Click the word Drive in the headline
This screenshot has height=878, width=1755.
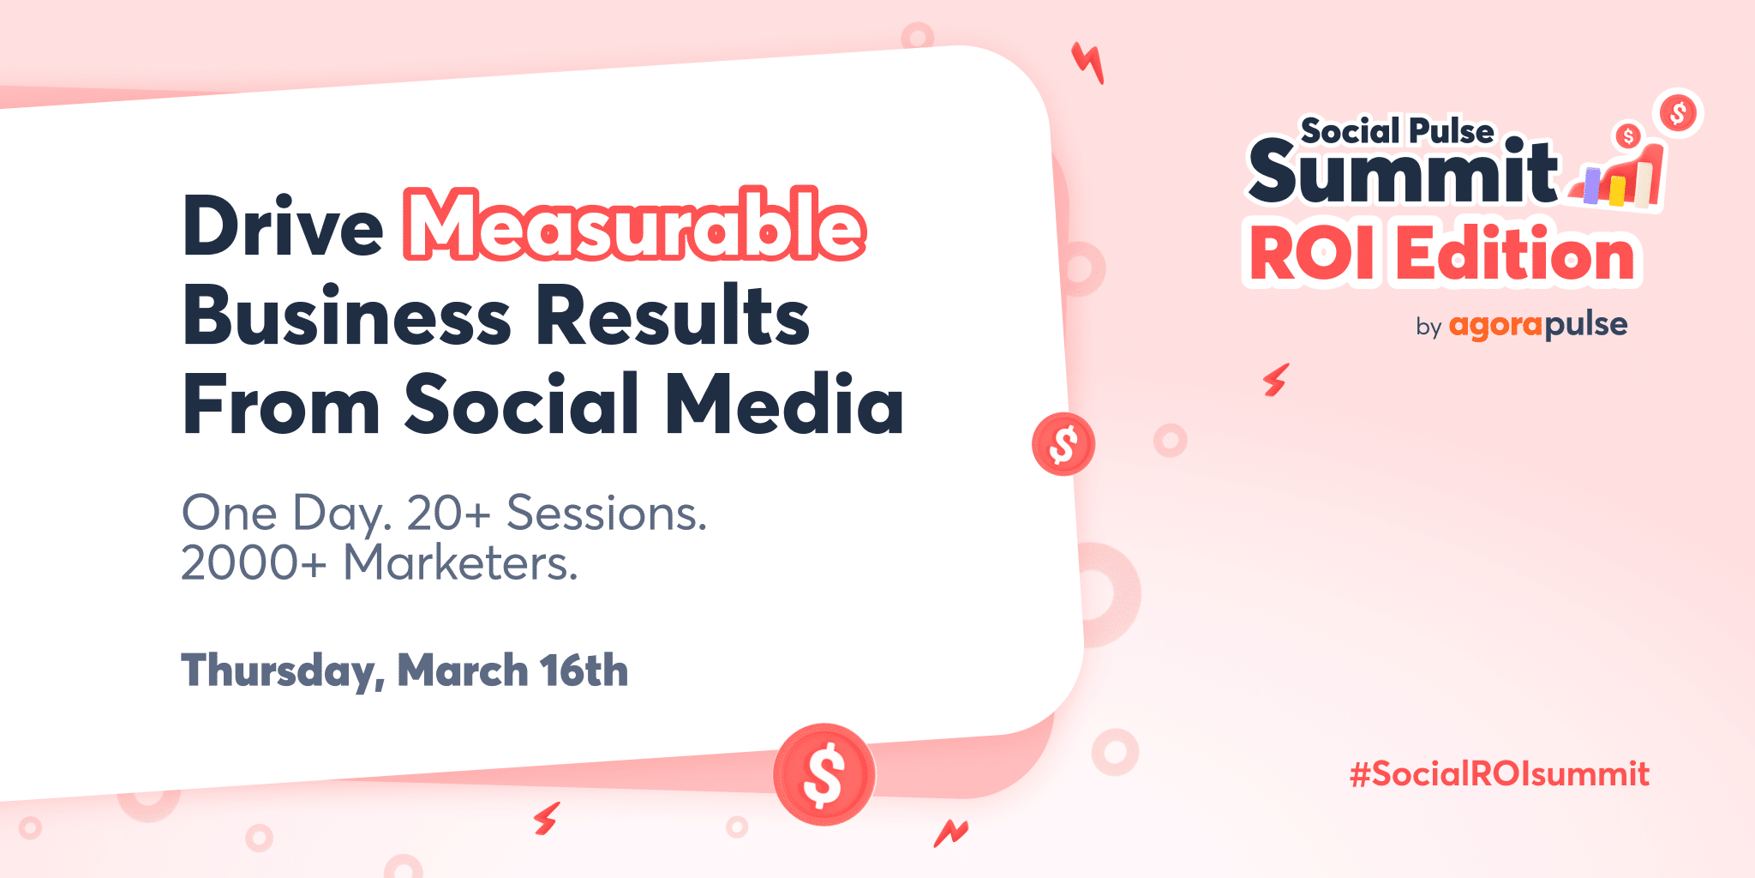283,226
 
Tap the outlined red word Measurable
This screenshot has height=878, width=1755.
635,225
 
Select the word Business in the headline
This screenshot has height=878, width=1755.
347,316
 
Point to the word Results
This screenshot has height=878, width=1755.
673,316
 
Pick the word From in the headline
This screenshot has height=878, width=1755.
281,404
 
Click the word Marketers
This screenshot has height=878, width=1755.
461,563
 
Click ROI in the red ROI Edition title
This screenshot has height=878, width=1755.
1310,255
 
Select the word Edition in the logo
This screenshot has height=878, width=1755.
1516,254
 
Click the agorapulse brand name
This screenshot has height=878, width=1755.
1538,326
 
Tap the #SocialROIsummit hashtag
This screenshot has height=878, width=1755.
1500,774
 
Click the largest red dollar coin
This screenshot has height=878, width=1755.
824,774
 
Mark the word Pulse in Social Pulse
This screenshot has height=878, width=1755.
1452,131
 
